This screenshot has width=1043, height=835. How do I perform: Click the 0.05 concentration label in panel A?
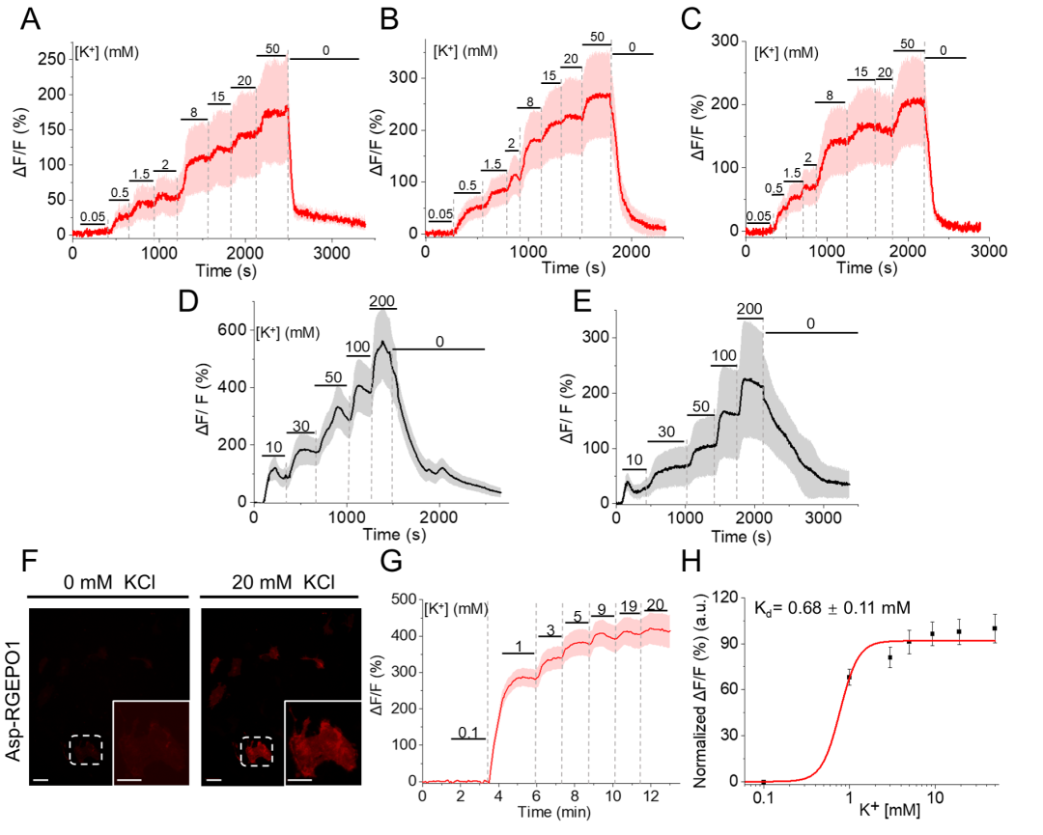(92, 216)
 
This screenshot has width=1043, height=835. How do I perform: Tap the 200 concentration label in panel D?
(383, 302)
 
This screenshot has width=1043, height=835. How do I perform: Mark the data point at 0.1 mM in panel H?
(763, 781)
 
